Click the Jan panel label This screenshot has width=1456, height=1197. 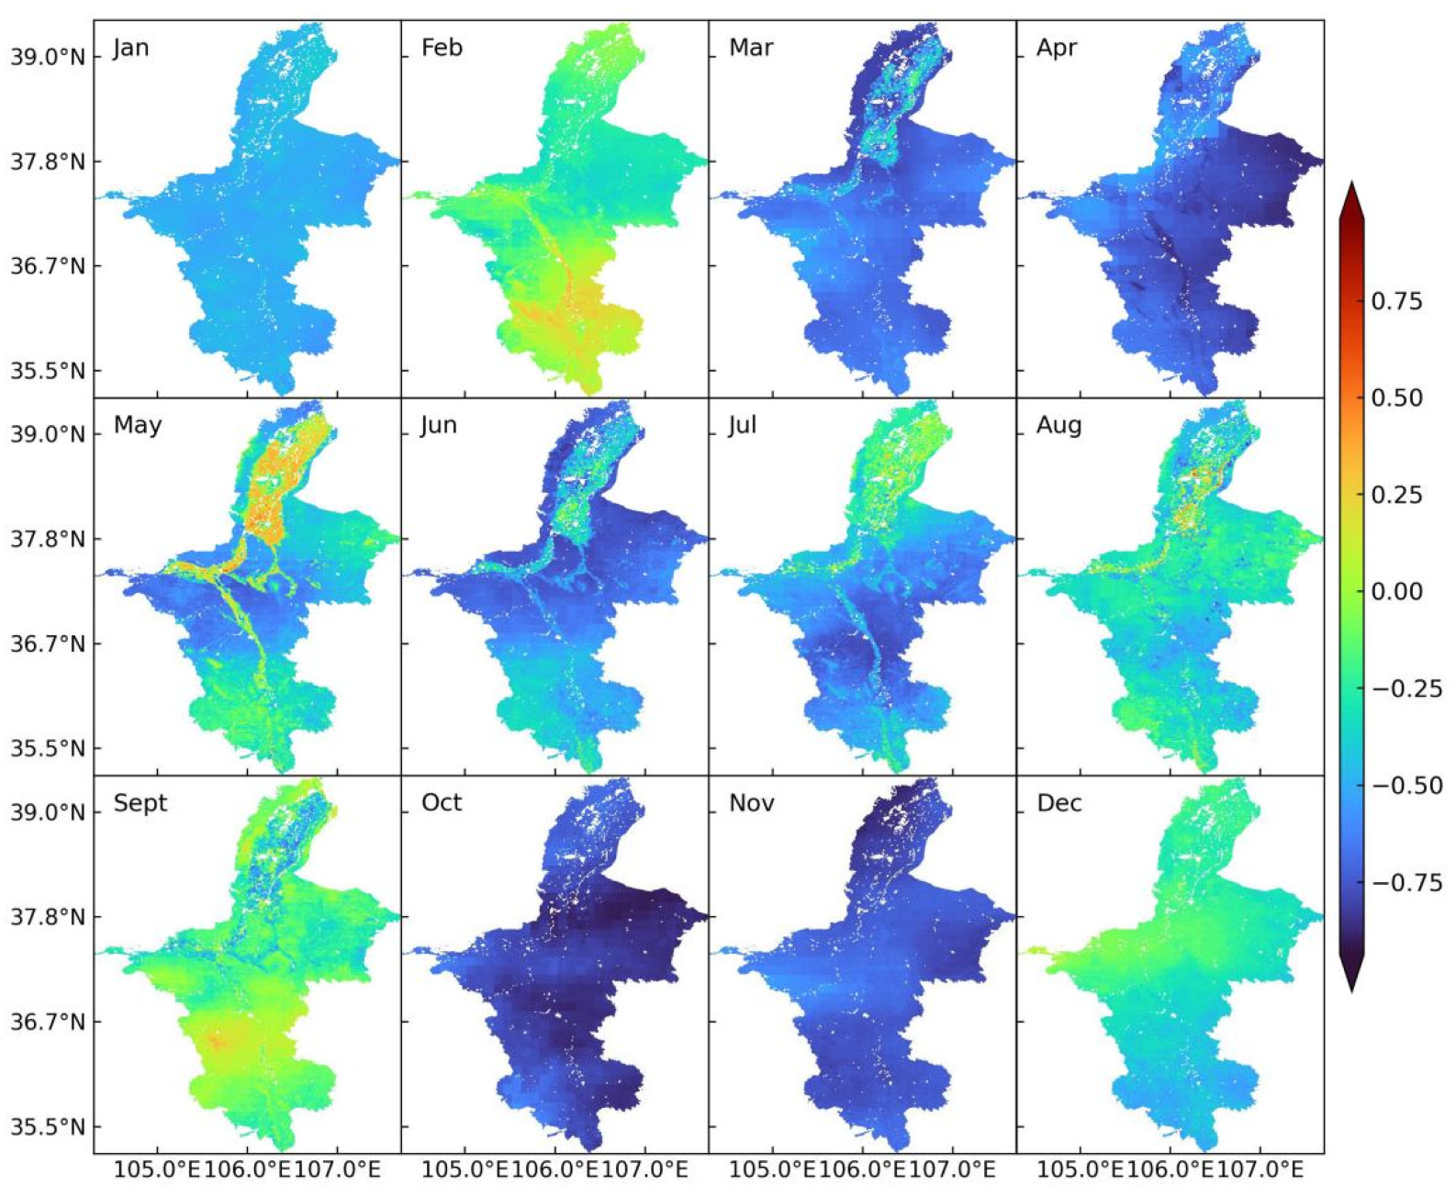tap(130, 48)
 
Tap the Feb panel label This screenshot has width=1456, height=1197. tap(442, 48)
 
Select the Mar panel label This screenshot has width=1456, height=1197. tap(750, 48)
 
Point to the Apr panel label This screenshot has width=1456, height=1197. tap(1056, 48)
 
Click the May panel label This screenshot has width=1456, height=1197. tap(138, 425)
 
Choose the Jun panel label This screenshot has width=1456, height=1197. tap(439, 425)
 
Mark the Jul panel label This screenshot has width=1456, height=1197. tap(742, 425)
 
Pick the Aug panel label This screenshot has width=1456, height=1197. tap(1058, 425)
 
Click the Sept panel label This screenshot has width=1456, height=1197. tap(140, 803)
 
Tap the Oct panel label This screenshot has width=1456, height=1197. tap(442, 803)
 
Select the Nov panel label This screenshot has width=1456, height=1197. tap(751, 803)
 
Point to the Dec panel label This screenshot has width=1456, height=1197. tap(1058, 803)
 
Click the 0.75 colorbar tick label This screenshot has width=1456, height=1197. tap(1396, 301)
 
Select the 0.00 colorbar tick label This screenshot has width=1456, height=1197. tap(1396, 591)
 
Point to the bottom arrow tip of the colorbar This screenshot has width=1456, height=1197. tap(1351, 990)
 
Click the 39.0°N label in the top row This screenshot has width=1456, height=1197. tap(48, 57)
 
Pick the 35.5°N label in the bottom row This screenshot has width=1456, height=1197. tap(48, 1126)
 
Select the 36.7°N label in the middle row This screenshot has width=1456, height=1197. tap(48, 643)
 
